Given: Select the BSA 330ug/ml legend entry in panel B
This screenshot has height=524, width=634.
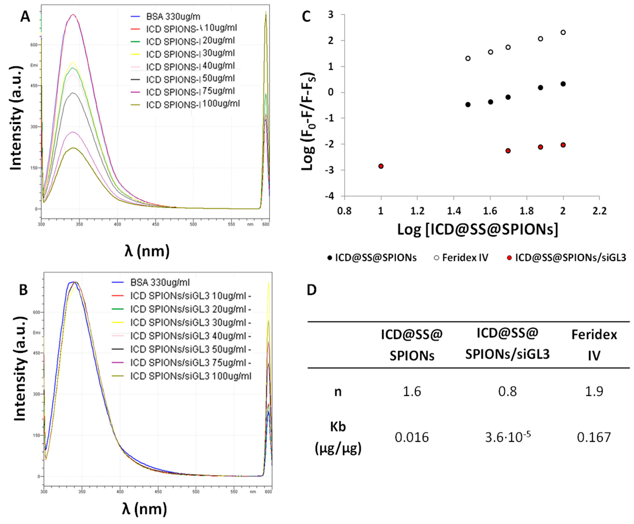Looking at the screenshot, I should pyautogui.click(x=160, y=282).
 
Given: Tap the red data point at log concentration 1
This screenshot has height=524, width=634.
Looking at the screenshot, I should pyautogui.click(x=381, y=166).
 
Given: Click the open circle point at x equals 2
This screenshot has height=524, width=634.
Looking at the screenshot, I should pyautogui.click(x=563, y=32).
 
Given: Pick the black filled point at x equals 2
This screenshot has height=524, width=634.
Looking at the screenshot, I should pyautogui.click(x=563, y=84).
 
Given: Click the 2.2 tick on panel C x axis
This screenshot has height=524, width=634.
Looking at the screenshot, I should pyautogui.click(x=599, y=211).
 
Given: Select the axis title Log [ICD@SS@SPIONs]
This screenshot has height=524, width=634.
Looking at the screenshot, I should pyautogui.click(x=478, y=229).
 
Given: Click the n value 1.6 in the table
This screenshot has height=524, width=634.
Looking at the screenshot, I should pyautogui.click(x=412, y=392).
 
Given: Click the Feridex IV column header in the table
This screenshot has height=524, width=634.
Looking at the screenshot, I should pyautogui.click(x=594, y=345).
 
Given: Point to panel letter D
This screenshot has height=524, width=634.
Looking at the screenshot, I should pyautogui.click(x=312, y=290).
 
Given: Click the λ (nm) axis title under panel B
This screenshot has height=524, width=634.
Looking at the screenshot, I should pyautogui.click(x=145, y=509).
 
